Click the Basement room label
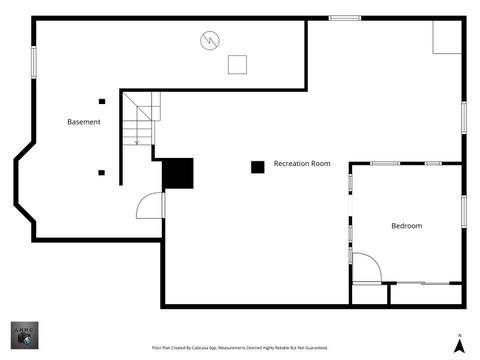coord(84,122)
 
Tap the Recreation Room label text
coord(302,163)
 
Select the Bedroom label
coord(406,226)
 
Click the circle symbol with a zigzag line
coord(209,40)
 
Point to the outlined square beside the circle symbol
coord(237,64)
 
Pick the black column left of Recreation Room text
coord(257,166)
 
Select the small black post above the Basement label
coord(101,100)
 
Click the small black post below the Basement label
coord(101,172)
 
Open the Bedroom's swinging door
coord(366,267)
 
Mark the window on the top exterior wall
coord(345,18)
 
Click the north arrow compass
coord(457,344)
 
